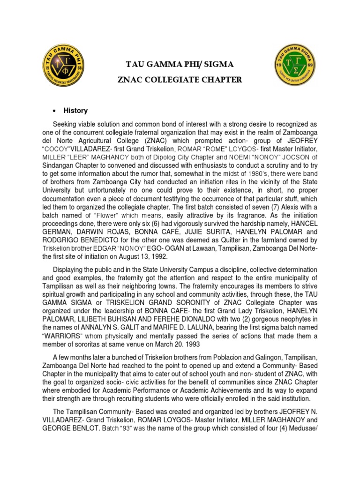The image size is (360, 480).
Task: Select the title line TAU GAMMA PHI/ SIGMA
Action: tap(180, 64)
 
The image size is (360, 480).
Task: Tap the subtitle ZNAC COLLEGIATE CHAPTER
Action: tap(180, 80)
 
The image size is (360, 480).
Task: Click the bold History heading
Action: tap(75, 111)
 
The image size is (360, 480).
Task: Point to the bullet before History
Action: tap(55, 111)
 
